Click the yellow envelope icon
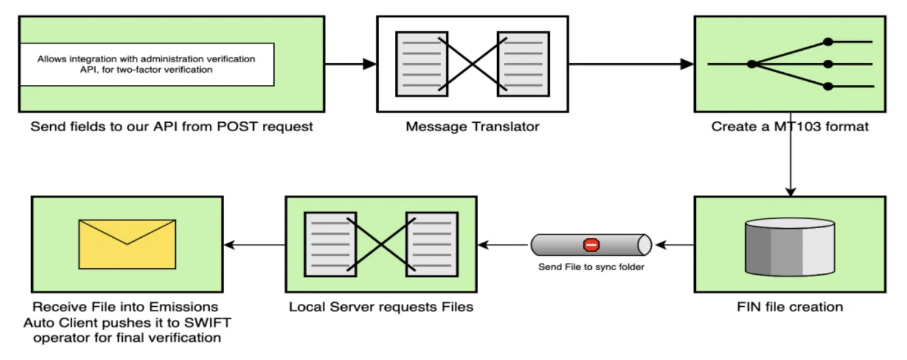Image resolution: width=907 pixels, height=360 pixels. (x=127, y=244)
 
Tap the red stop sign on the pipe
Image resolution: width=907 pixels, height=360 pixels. (x=591, y=245)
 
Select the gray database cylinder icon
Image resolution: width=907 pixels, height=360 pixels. (x=790, y=246)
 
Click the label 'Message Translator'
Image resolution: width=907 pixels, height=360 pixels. (x=472, y=127)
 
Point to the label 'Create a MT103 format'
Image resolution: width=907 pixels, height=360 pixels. (x=789, y=127)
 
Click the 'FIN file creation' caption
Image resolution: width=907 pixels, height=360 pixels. (x=790, y=307)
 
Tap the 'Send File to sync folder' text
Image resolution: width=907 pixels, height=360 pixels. (x=591, y=267)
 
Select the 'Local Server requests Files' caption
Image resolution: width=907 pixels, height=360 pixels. (x=381, y=307)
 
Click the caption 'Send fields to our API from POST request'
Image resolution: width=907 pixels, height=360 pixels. (x=172, y=127)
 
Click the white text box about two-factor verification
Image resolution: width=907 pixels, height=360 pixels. (x=146, y=64)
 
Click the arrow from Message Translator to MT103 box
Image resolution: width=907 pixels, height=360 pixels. (x=630, y=64)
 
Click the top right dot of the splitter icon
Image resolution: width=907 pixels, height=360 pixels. (x=828, y=42)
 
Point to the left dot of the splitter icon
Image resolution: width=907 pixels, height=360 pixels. (x=752, y=64)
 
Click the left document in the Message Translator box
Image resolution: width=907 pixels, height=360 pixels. (x=416, y=64)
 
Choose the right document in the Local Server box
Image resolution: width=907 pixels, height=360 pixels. (x=428, y=244)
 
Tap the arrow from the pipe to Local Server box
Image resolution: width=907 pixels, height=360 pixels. (x=503, y=245)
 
